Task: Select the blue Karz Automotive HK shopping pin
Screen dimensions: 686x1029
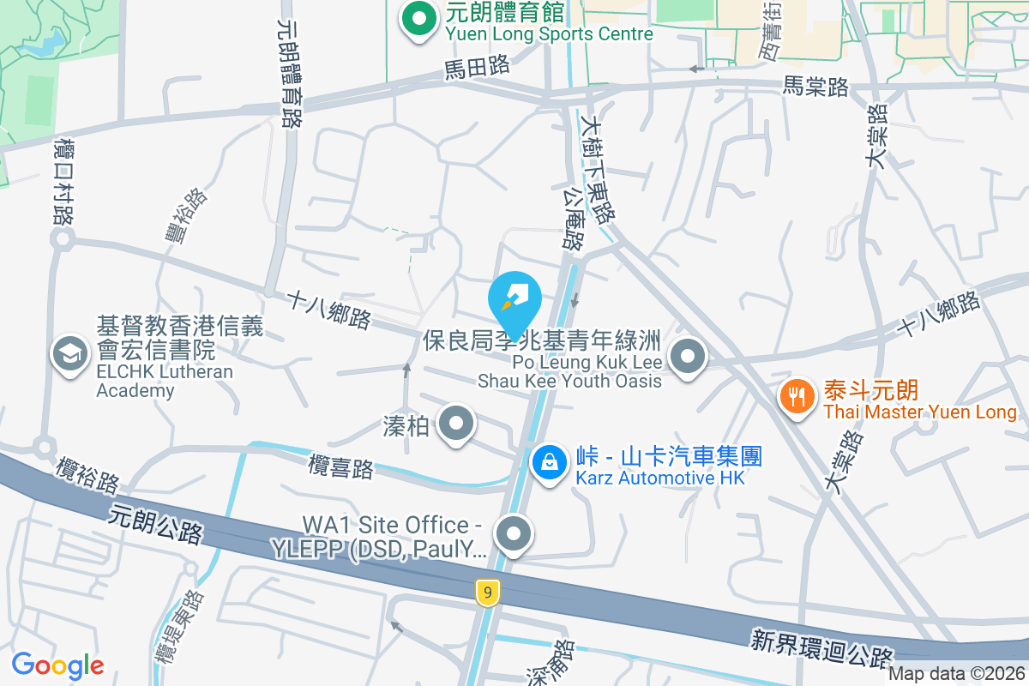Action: coord(549,463)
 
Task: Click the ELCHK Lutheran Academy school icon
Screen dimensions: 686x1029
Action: coord(69,354)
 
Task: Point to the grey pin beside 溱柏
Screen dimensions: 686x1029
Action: coord(456,424)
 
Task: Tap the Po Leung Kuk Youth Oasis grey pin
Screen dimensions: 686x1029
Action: coord(687,357)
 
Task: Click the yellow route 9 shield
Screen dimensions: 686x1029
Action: coord(487,592)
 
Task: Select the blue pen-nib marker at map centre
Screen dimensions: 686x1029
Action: coord(514,300)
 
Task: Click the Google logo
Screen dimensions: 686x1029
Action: coord(57,665)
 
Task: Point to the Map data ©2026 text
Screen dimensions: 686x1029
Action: coord(956,674)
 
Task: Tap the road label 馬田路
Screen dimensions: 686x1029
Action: coord(477,66)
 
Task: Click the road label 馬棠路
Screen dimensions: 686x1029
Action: coord(815,87)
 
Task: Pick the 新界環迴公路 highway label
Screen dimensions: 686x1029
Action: coord(822,649)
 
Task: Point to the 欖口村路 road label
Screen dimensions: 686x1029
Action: coord(63,182)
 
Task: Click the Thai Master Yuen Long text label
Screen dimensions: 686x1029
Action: coord(920,412)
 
